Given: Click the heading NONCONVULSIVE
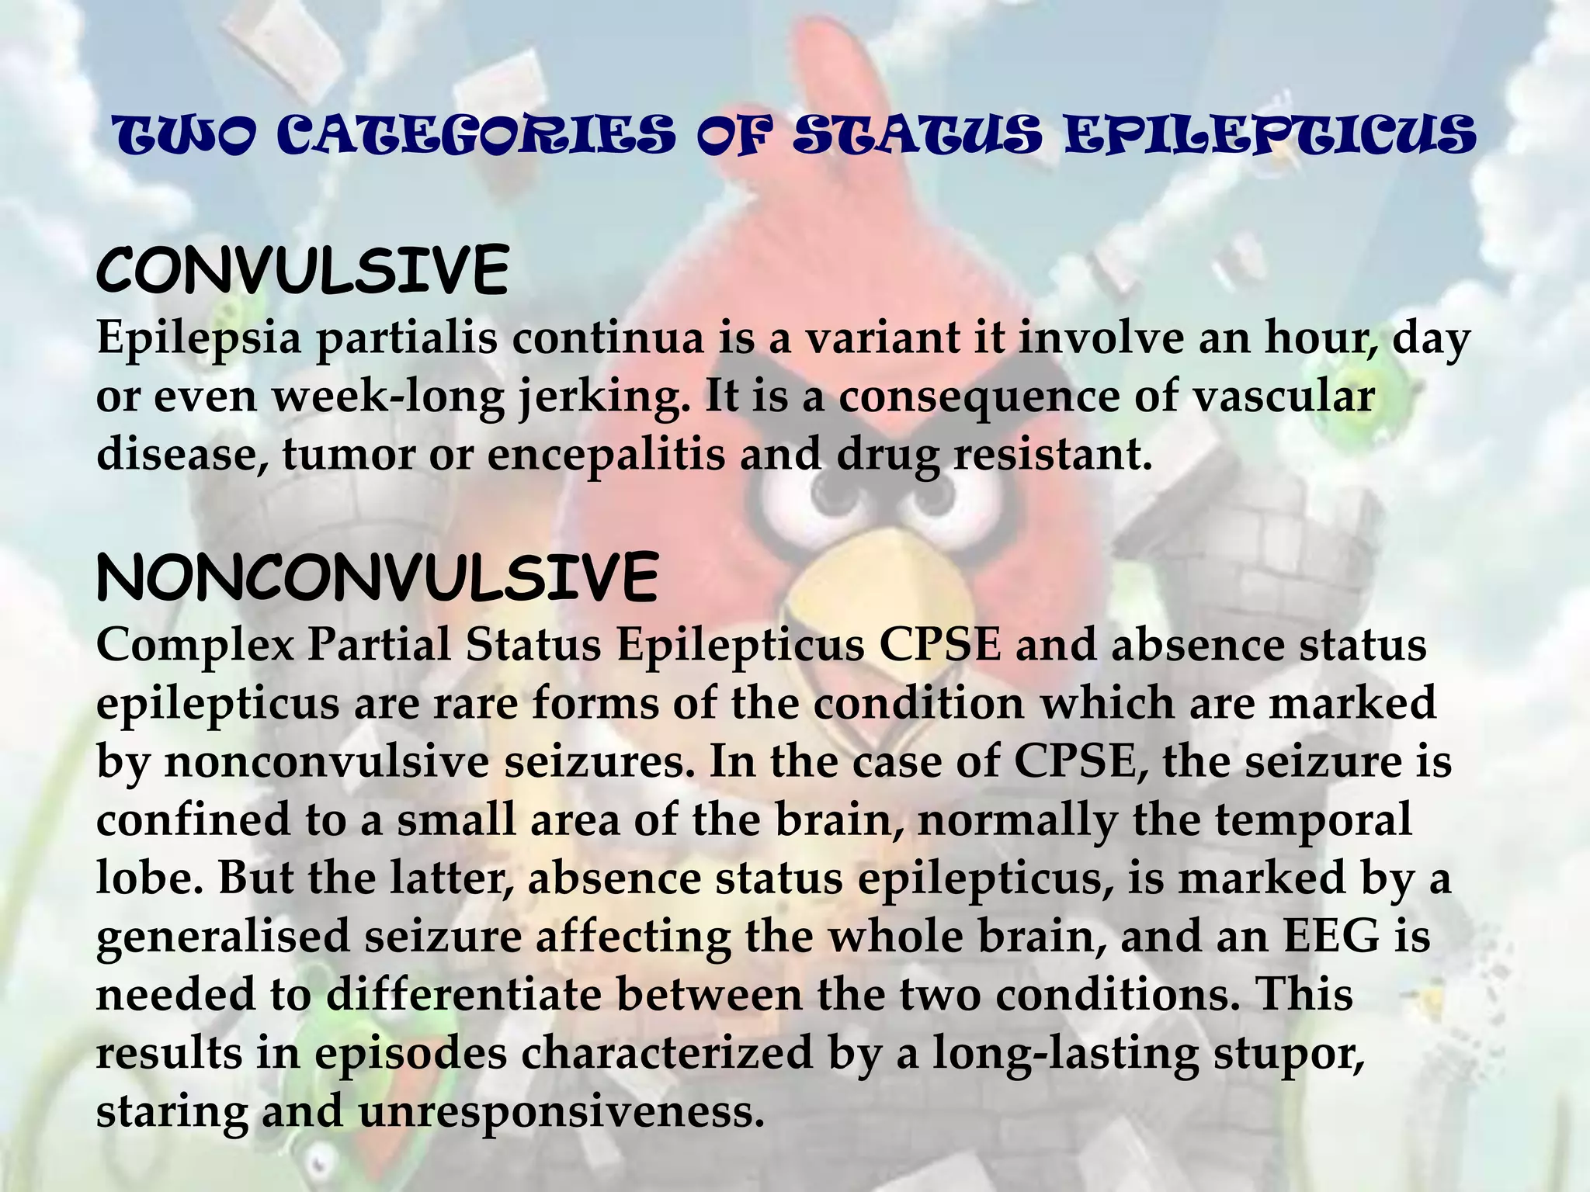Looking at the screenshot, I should pos(377,578).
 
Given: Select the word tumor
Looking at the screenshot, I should pos(349,454).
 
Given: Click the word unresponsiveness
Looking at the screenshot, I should pos(556,1112).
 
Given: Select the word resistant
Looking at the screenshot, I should pos(1052,454).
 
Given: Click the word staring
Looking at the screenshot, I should pos(172,1112).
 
